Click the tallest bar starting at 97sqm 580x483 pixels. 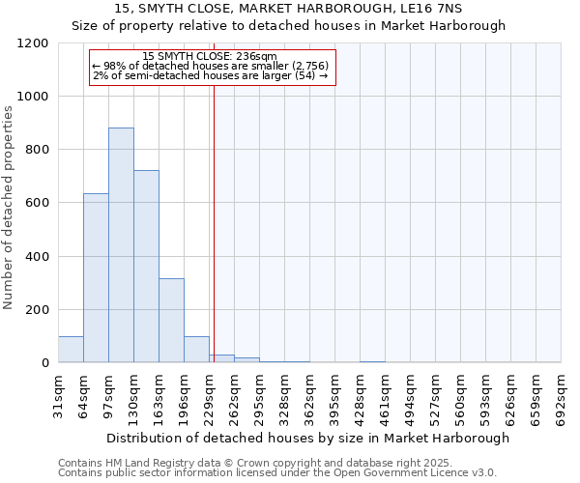[x=121, y=245]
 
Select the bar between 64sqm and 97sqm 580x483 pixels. [x=96, y=278]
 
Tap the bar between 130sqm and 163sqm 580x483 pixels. [x=146, y=267]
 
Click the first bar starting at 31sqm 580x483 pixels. [x=71, y=350]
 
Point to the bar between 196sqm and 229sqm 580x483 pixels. [x=196, y=350]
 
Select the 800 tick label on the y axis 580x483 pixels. [x=35, y=150]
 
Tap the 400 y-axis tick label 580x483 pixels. [x=35, y=257]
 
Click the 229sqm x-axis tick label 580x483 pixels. [x=210, y=393]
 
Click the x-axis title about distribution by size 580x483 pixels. [x=307, y=438]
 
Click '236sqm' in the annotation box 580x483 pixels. [x=259, y=56]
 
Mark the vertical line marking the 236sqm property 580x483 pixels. [x=214, y=222]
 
